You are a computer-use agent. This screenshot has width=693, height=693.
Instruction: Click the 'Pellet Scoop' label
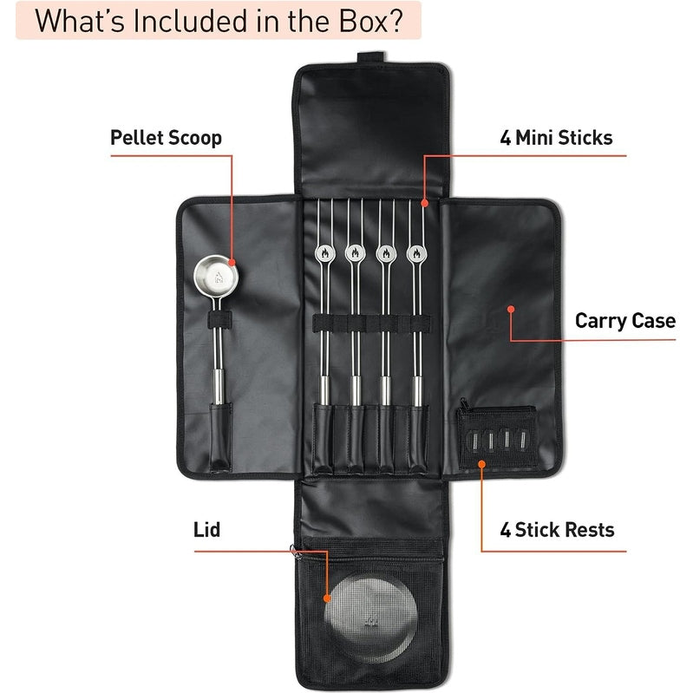(166, 137)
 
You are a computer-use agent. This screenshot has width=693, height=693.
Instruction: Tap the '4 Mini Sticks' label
(556, 137)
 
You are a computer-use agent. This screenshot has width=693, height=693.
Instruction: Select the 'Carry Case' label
(624, 320)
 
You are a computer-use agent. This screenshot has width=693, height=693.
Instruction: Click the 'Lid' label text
(206, 529)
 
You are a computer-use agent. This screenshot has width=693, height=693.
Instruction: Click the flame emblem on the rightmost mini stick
(415, 254)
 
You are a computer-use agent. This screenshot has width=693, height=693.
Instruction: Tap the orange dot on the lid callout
(328, 598)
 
